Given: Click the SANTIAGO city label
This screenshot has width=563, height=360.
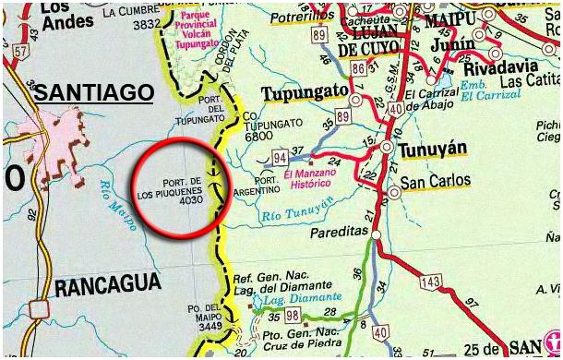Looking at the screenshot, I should coord(93,91).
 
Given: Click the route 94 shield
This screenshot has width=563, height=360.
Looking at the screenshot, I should coord(280,158).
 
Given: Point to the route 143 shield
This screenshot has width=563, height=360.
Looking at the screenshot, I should coord(430,281).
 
